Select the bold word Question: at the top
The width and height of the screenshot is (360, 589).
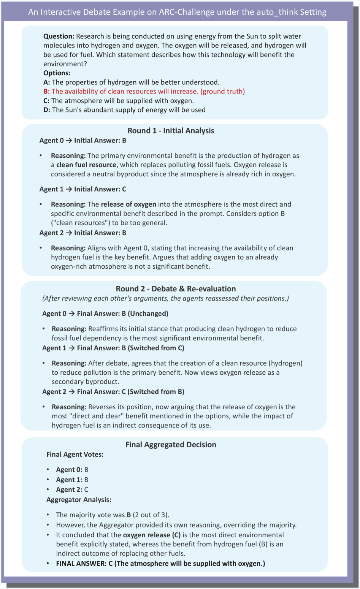coord(59,36)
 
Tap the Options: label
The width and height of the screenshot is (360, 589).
coord(57,73)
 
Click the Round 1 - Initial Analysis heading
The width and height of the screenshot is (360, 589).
coord(171,131)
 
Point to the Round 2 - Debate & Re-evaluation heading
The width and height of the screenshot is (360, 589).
coord(176,289)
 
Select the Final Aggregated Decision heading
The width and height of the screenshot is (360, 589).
coord(171,445)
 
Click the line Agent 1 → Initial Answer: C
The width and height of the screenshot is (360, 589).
coord(83,189)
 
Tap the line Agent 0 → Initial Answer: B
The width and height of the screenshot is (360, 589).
coord(83,141)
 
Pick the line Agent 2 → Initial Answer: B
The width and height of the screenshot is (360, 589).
coord(83,233)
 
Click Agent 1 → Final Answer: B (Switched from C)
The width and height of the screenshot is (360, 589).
coord(113,348)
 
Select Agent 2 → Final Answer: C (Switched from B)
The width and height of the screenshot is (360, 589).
coord(113,392)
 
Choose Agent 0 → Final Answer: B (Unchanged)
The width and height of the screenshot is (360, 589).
coord(105,314)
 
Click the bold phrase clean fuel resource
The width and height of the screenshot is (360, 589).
coord(86,165)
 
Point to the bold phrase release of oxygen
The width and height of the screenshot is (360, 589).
coord(128,204)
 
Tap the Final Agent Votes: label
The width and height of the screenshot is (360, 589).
coord(75,454)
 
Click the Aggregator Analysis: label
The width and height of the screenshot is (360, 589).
coord(79,500)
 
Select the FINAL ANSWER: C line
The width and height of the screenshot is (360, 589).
coord(160,564)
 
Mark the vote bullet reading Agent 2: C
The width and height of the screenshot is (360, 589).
coord(72,490)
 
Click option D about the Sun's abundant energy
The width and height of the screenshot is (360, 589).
coord(124,110)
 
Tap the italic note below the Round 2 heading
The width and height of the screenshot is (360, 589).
coord(165,298)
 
